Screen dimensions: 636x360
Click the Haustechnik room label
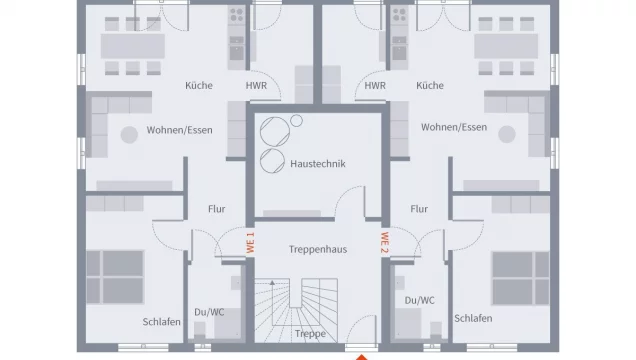318,163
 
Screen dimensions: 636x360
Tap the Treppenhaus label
318,249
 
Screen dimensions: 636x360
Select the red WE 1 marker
250,241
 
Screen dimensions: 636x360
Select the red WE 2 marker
384,241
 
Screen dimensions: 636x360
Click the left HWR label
256,86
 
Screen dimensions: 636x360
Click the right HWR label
375,86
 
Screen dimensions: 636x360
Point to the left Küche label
199,86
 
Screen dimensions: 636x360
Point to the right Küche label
430,86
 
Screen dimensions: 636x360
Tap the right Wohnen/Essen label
453,128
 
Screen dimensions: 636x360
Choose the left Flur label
216,209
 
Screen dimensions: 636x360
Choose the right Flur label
418,209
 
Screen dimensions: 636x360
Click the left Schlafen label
161,320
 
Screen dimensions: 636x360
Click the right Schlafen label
473,319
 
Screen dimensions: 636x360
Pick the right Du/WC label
419,300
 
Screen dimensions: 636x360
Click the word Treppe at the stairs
311,334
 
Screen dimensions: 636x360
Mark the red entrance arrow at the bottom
362,354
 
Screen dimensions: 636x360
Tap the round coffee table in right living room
506,134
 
